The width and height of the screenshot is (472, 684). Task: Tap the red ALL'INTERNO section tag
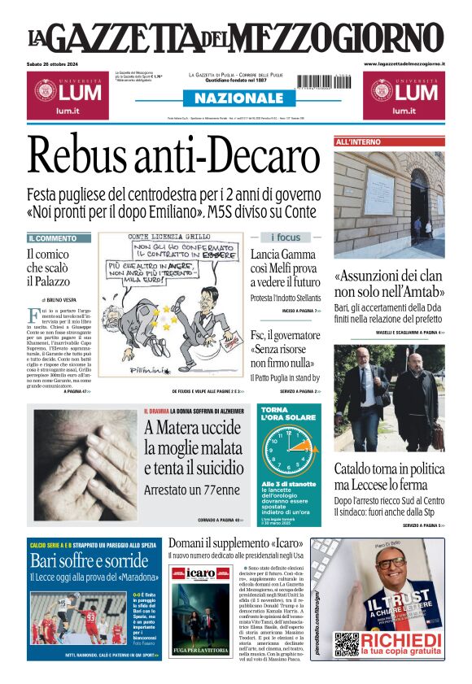tap(358, 142)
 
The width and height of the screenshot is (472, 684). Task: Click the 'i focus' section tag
tap(285, 237)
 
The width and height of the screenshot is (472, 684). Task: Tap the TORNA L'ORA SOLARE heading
tap(283, 414)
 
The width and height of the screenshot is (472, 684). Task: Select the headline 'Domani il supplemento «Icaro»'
tap(236, 542)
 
